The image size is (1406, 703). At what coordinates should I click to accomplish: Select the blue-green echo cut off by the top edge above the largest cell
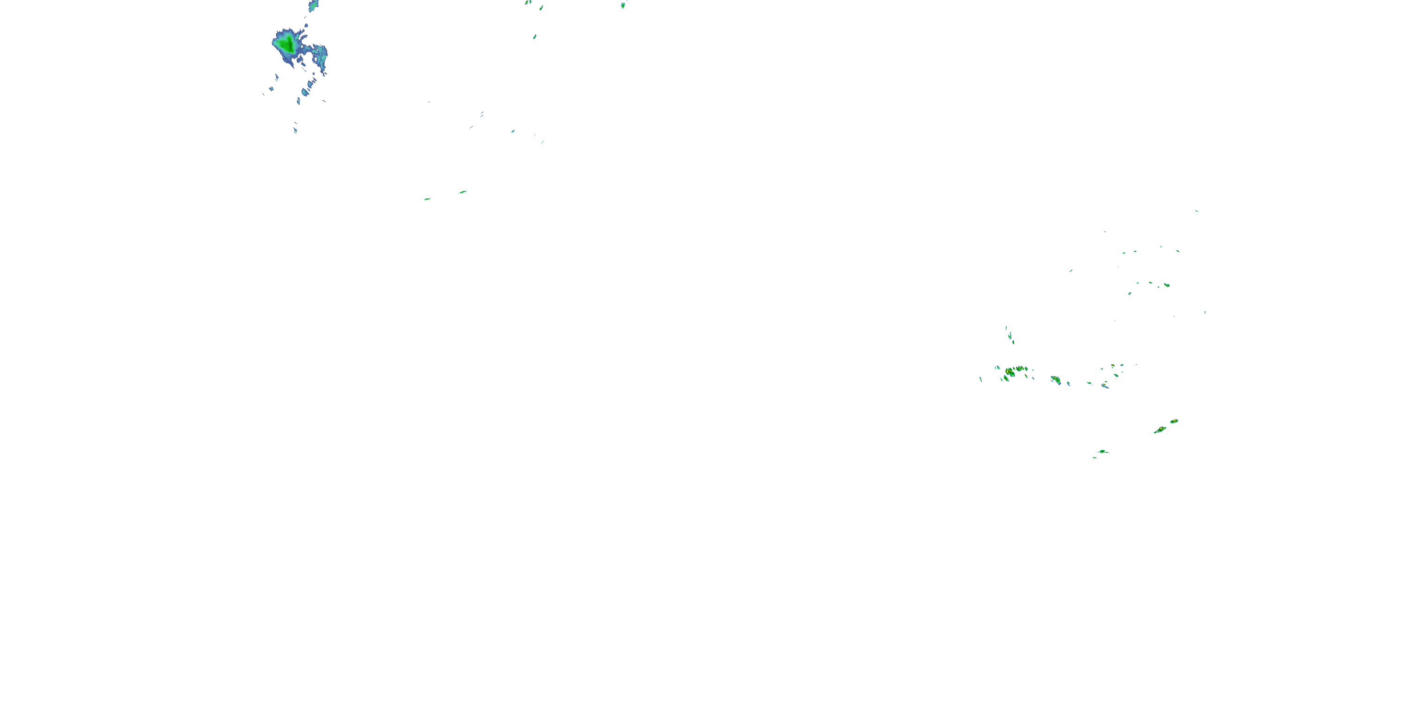click(313, 5)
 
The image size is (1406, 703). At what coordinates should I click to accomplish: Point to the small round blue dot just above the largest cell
click(306, 26)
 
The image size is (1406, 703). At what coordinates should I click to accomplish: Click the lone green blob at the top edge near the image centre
click(623, 5)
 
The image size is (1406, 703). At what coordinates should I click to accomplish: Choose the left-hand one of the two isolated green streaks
click(427, 199)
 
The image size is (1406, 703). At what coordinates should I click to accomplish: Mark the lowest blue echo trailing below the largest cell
click(295, 130)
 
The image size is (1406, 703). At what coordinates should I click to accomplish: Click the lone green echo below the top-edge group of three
click(534, 37)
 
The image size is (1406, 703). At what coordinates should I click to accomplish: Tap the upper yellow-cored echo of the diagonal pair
click(1174, 421)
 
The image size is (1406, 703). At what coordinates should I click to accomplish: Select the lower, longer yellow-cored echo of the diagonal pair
click(1160, 430)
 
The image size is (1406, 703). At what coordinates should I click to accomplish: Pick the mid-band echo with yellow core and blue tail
click(1055, 379)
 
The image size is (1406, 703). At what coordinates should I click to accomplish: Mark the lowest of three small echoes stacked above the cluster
click(1013, 342)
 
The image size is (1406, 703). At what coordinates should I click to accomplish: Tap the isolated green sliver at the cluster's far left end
click(981, 379)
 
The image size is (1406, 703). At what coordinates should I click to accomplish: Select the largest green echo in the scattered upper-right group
click(1167, 285)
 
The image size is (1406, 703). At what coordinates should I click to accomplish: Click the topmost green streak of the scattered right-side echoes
click(1197, 211)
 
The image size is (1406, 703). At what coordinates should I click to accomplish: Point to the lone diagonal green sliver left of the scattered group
click(1071, 270)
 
